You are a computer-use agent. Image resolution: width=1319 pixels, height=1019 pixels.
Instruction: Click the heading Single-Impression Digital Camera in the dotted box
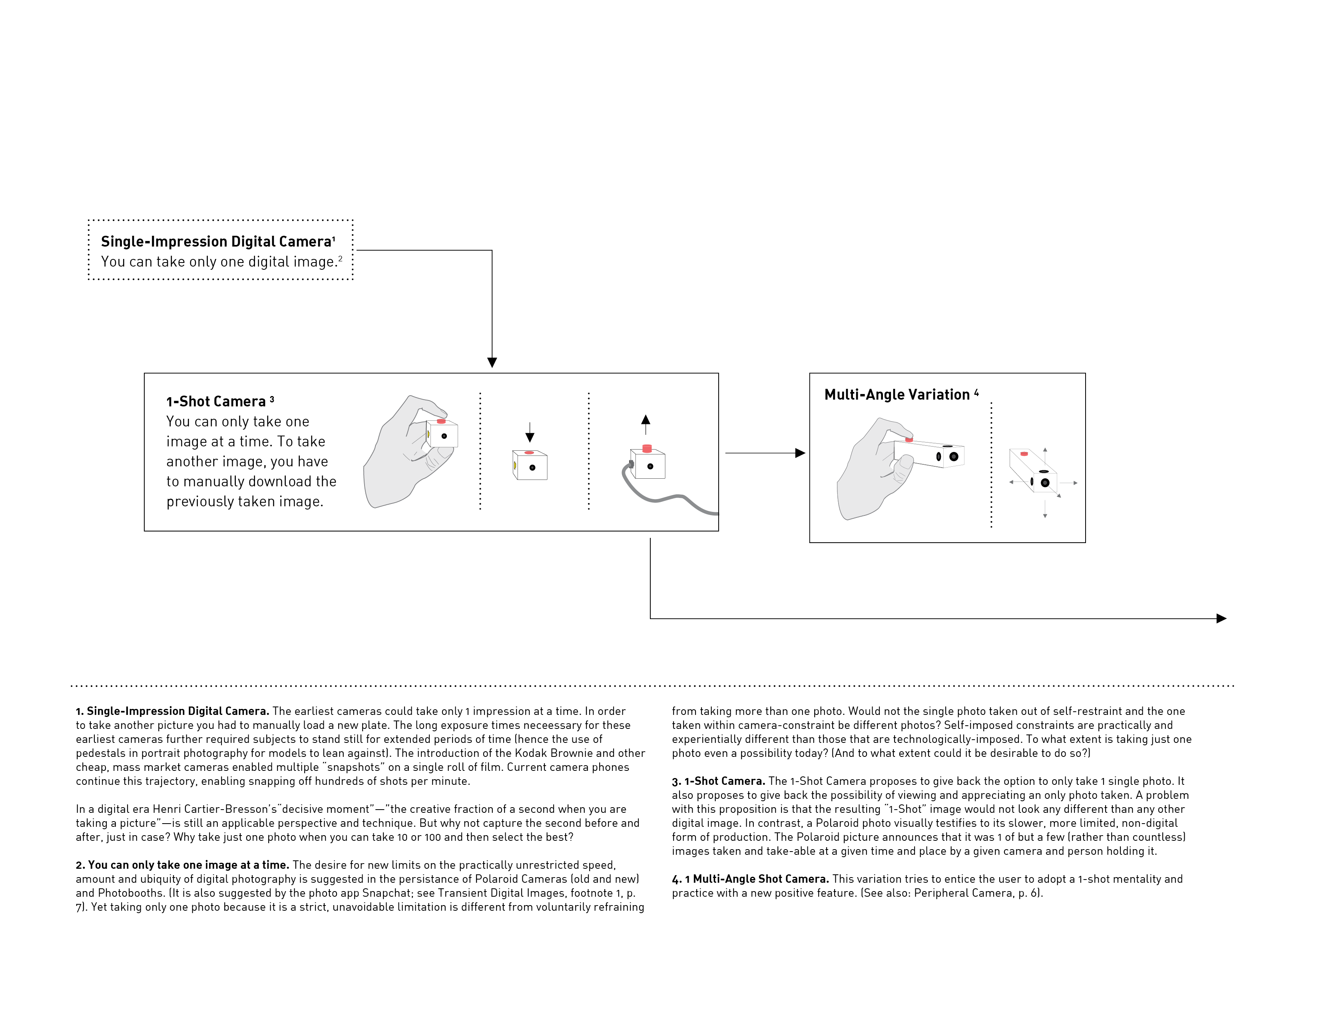click(216, 241)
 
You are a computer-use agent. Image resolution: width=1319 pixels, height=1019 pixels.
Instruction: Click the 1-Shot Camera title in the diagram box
click(215, 402)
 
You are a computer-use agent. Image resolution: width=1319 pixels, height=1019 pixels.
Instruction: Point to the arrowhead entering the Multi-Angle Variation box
click(800, 453)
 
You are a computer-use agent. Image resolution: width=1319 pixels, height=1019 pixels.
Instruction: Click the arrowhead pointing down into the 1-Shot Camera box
click(492, 362)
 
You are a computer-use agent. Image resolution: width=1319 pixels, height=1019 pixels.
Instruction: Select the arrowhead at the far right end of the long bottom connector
click(1221, 618)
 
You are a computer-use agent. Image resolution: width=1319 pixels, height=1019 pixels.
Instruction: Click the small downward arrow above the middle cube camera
click(530, 436)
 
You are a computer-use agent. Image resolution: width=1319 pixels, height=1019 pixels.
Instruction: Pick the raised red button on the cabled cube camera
click(648, 448)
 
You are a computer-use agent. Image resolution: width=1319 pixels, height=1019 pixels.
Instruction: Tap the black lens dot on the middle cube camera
click(532, 467)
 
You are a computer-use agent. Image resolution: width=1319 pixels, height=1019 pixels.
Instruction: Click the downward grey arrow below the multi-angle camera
click(1045, 514)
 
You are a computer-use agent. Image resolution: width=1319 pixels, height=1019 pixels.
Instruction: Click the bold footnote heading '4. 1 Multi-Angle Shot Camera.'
click(750, 879)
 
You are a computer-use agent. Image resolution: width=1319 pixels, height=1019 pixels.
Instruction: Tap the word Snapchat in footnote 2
click(387, 893)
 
